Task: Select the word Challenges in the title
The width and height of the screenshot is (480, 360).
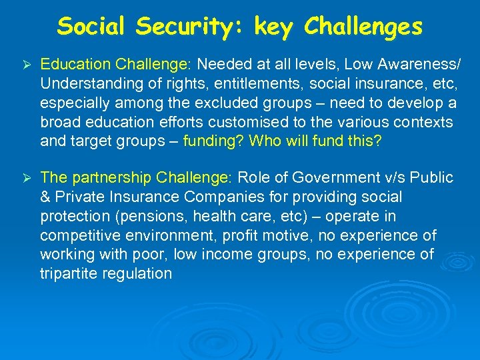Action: [363, 26]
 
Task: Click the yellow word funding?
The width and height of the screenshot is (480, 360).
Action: [209, 141]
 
